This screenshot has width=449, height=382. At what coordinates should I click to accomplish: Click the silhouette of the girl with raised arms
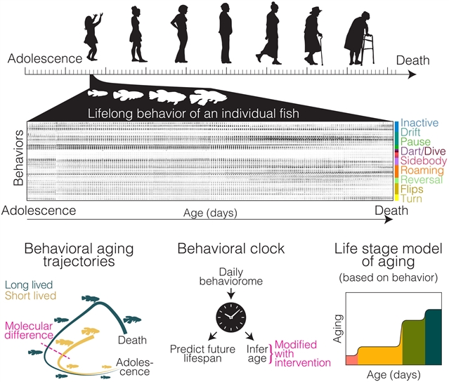pyautogui.click(x=92, y=37)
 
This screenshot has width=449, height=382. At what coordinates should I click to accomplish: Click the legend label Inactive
pyautogui.click(x=419, y=123)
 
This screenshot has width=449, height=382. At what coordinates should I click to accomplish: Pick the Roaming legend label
pyautogui.click(x=422, y=170)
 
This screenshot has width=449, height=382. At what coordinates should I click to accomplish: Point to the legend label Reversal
pyautogui.click(x=422, y=180)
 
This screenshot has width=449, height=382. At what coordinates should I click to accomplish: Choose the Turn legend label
pyautogui.click(x=411, y=199)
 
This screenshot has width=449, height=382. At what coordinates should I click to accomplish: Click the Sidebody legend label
pyautogui.click(x=424, y=161)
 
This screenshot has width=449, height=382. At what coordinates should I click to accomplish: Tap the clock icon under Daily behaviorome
pyautogui.click(x=230, y=317)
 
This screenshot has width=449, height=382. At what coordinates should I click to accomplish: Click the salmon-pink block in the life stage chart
pyautogui.click(x=352, y=360)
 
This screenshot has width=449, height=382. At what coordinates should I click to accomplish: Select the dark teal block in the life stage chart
pyautogui.click(x=434, y=337)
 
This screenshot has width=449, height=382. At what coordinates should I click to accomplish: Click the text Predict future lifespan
pyautogui.click(x=202, y=354)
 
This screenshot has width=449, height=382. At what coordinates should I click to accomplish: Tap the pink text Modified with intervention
pyautogui.click(x=303, y=353)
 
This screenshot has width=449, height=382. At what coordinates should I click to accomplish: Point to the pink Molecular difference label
pyautogui.click(x=29, y=331)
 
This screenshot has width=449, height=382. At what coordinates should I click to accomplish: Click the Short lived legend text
pyautogui.click(x=30, y=296)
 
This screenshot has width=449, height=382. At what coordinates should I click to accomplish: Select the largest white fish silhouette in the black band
pyautogui.click(x=208, y=97)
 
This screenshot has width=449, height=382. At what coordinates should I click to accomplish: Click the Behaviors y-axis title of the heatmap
pyautogui.click(x=18, y=158)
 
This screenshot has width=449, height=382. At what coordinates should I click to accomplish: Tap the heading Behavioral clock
pyautogui.click(x=230, y=249)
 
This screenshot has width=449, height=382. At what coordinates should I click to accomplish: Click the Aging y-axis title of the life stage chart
pyautogui.click(x=338, y=329)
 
